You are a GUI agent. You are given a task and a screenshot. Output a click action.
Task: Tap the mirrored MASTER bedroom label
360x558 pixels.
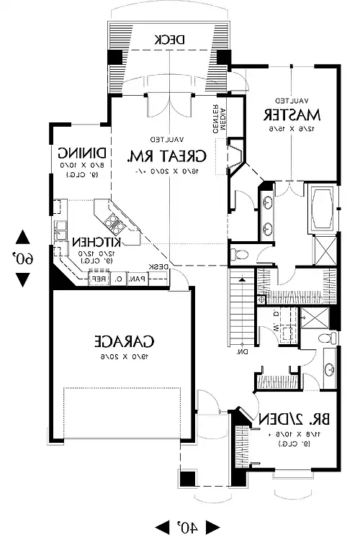click(x=291, y=114)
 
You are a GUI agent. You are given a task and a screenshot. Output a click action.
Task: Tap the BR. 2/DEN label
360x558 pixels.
click(x=292, y=419)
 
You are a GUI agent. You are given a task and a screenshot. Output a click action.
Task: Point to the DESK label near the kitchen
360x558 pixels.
click(x=159, y=267)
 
